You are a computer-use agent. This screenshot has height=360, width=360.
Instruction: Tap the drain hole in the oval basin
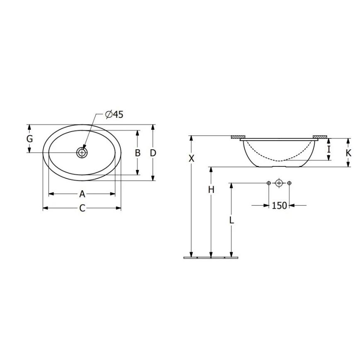click(x=82, y=153)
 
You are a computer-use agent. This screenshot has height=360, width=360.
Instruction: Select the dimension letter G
click(x=29, y=139)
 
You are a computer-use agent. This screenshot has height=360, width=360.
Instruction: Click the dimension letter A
click(x=82, y=194)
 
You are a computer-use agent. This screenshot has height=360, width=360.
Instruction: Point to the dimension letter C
click(x=82, y=208)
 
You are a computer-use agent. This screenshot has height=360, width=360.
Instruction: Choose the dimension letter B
click(x=138, y=153)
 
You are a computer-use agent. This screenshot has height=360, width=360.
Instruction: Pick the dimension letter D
click(x=153, y=153)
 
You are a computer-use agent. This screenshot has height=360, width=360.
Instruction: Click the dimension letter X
click(x=191, y=158)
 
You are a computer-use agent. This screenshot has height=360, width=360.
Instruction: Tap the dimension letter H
click(x=211, y=190)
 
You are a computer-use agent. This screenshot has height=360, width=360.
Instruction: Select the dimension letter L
click(x=231, y=220)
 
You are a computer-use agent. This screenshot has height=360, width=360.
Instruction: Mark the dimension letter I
click(x=328, y=148)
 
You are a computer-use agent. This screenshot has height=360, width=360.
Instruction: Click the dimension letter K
click(x=348, y=153)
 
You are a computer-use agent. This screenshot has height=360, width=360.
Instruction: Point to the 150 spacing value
click(x=279, y=205)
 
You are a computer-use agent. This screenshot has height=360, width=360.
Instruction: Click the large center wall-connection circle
click(x=279, y=183)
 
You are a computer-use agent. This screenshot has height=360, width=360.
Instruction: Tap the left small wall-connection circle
click(x=269, y=183)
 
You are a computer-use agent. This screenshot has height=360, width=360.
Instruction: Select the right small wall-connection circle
click(x=289, y=183)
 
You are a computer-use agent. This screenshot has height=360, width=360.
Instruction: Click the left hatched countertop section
click(x=238, y=137)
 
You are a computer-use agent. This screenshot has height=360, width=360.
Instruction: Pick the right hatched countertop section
click(x=320, y=137)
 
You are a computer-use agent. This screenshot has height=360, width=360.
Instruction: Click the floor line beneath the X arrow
click(x=191, y=258)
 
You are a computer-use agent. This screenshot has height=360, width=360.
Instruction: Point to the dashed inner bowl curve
click(x=279, y=159)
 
